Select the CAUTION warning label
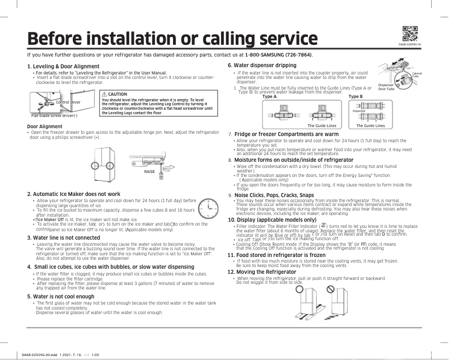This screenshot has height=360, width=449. tap(118, 94)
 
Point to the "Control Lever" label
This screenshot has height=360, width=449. tap(67, 103)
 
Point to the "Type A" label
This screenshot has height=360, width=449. tap(269, 96)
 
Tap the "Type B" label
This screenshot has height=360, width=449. tap(356, 96)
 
